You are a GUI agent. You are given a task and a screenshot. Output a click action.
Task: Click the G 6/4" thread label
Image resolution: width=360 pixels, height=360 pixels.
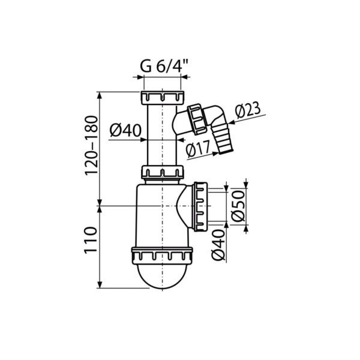pyautogui.click(x=164, y=67)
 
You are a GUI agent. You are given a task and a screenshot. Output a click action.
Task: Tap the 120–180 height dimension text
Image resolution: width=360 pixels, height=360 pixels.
pyautogui.click(x=91, y=146)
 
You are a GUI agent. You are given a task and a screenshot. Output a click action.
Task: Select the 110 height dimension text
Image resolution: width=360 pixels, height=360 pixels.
pyautogui.click(x=90, y=240)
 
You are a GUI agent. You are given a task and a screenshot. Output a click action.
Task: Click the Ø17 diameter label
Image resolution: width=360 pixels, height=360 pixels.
pyautogui.click(x=198, y=149)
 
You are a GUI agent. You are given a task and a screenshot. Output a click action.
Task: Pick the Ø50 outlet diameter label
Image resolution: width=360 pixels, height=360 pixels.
pyautogui.click(x=238, y=206)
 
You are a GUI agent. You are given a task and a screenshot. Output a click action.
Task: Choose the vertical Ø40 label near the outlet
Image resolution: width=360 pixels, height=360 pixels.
pyautogui.click(x=218, y=245)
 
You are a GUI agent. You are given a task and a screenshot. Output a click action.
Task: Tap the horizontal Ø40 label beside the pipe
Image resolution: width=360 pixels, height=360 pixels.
pyautogui.click(x=125, y=130)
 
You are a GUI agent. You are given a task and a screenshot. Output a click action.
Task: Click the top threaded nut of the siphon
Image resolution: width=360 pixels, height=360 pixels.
pyautogui.click(x=163, y=98)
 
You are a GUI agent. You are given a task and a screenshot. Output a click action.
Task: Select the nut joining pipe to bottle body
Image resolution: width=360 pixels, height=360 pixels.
pyautogui.click(x=163, y=172)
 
